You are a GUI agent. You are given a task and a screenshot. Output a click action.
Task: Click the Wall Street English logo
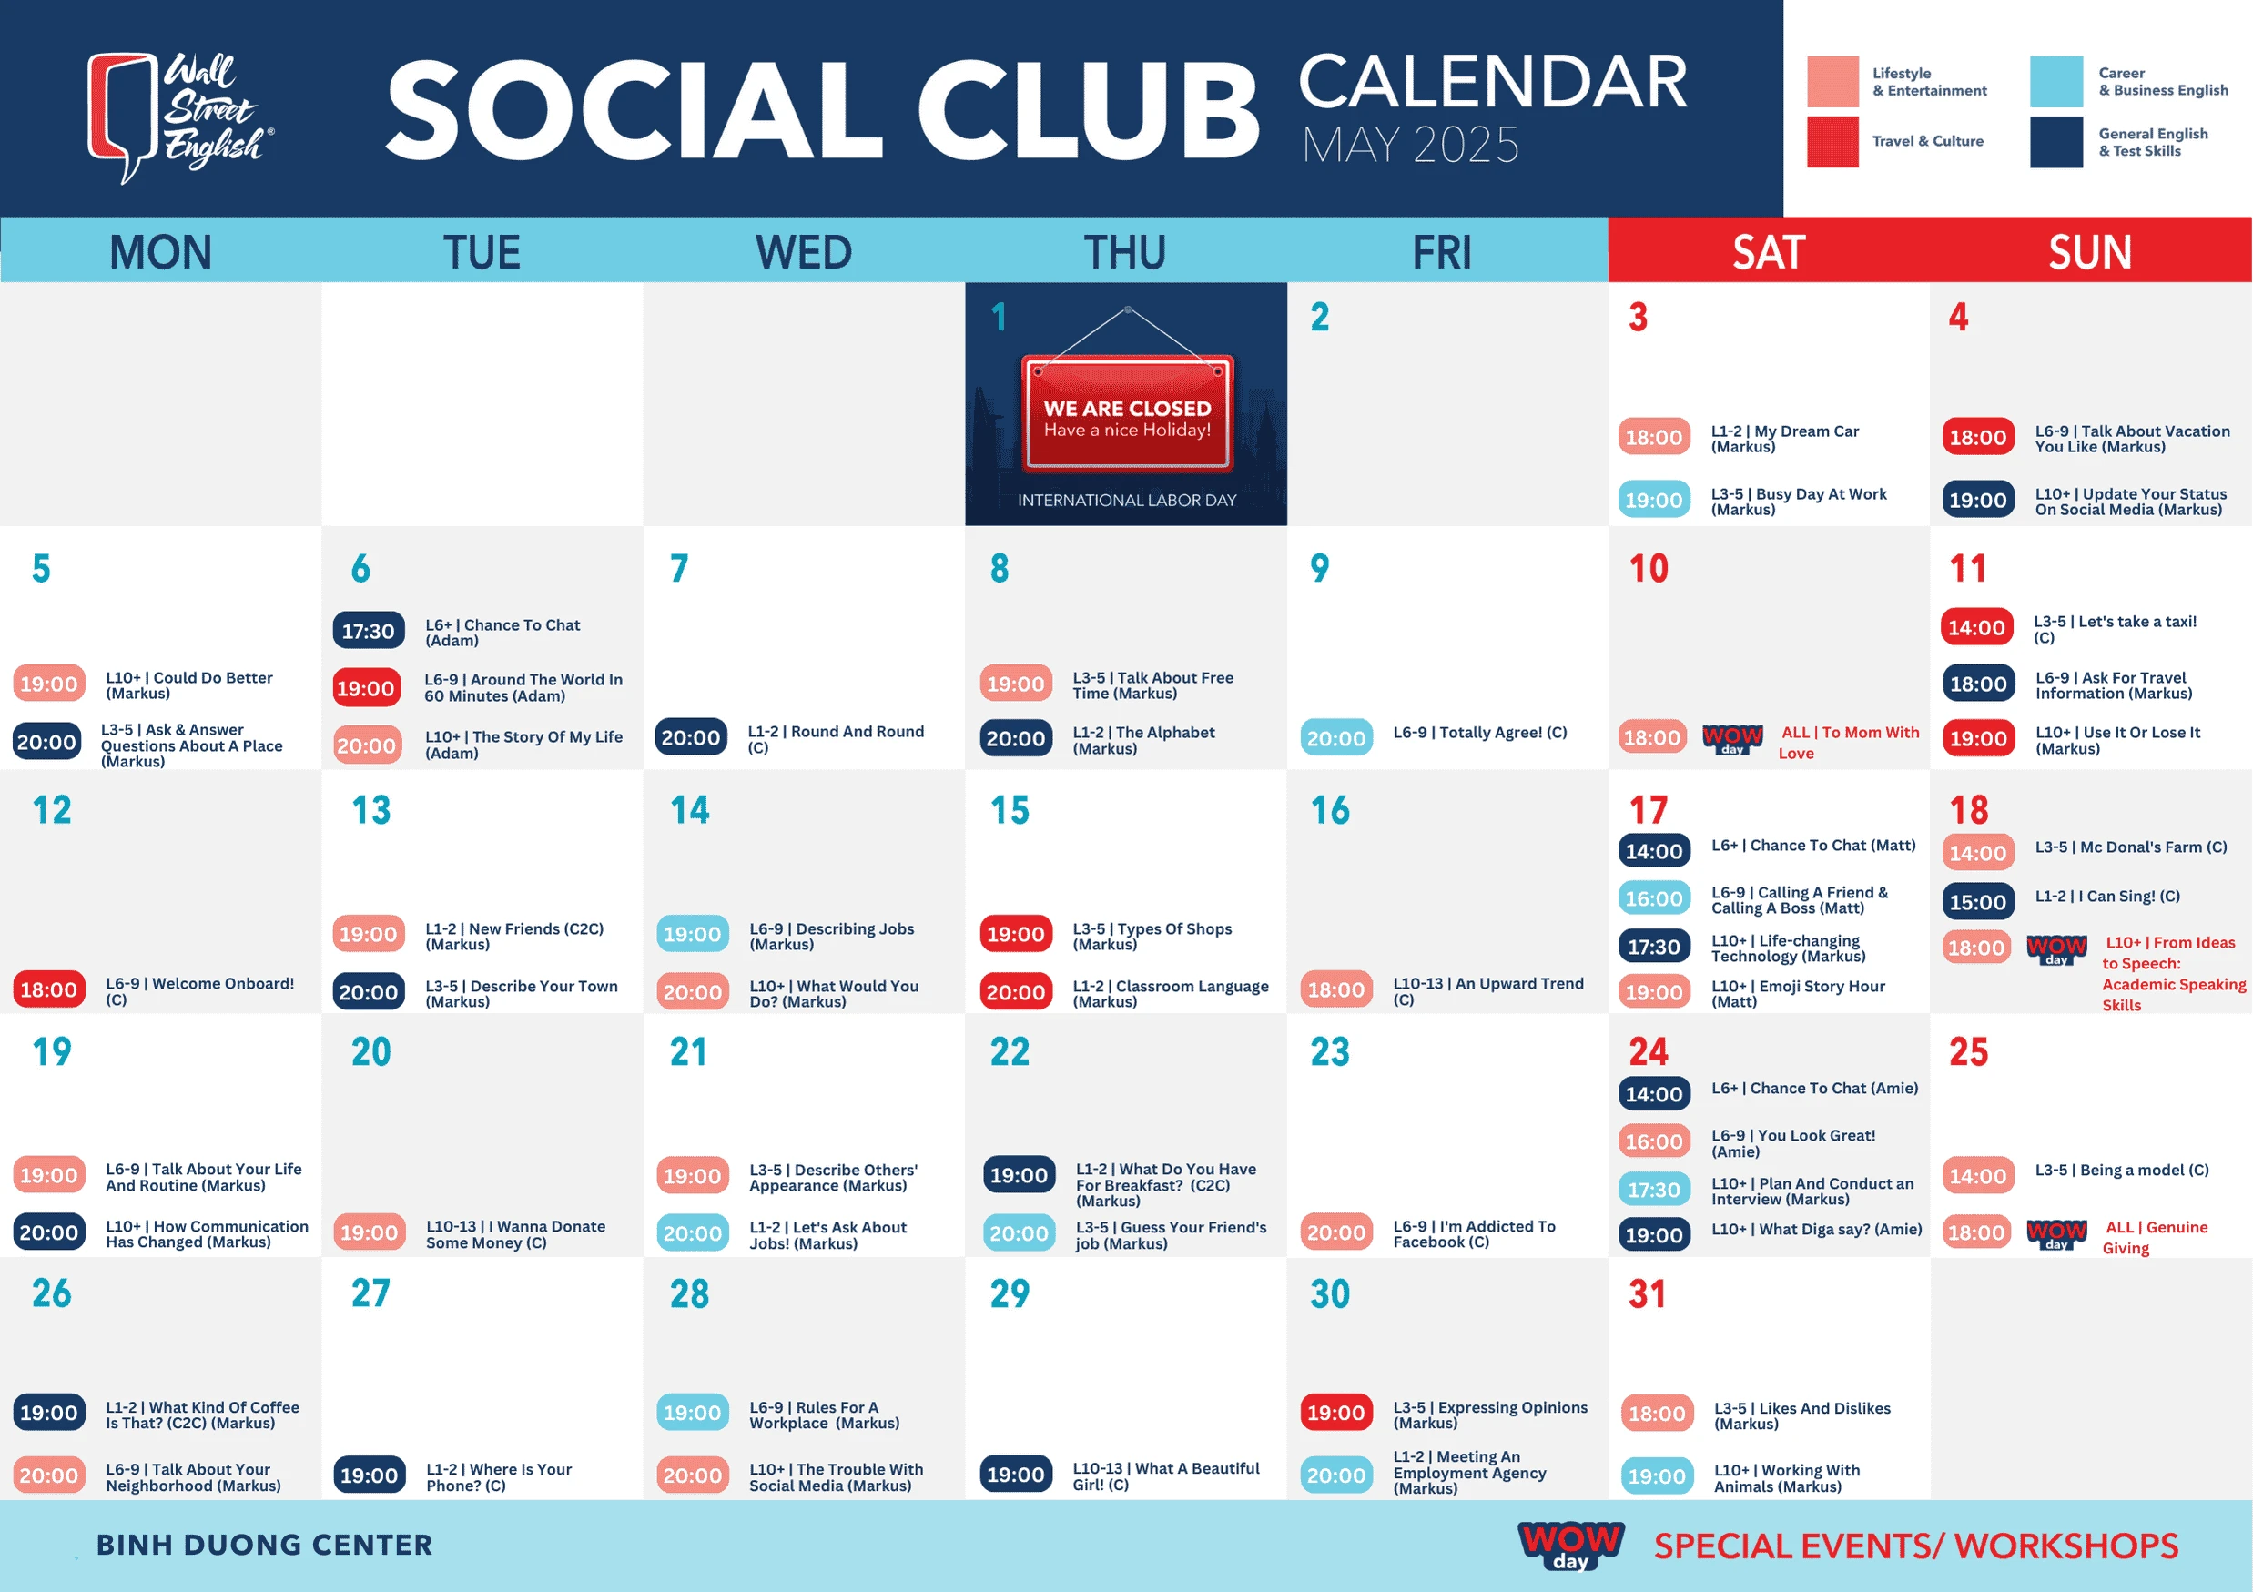coord(180,117)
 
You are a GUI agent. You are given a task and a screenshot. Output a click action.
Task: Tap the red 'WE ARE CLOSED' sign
coord(1128,413)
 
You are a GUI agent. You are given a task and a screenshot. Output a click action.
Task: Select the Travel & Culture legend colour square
coord(1832,141)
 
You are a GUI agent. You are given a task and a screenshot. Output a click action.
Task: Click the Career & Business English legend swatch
coord(2055,81)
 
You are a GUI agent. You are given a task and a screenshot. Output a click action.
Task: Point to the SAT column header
coord(1768,252)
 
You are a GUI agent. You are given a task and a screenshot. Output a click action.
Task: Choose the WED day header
coord(804,252)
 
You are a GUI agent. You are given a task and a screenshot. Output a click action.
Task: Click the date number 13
coord(370,810)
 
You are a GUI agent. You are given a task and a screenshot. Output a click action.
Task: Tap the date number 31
coord(1648,1293)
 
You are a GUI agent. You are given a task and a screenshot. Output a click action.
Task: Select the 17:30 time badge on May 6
coord(368,631)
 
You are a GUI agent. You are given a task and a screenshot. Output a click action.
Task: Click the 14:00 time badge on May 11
coord(1976,628)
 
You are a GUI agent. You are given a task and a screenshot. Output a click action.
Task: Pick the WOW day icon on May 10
coord(1732,738)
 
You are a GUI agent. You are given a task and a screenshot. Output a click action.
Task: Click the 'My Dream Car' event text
coord(1785,439)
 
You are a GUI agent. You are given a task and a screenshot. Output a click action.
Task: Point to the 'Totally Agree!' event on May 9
coord(1480,733)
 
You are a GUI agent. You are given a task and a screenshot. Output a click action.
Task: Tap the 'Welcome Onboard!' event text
coord(199,990)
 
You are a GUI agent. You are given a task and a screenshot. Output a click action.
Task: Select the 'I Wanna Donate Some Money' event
coord(515,1234)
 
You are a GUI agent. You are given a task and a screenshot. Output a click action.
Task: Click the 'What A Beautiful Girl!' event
coord(1166,1476)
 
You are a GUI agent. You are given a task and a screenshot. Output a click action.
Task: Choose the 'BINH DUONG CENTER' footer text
coord(264,1545)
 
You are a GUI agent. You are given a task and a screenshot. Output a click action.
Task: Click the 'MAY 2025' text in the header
coord(1410,145)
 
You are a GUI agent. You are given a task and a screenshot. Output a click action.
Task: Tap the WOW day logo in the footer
coord(1570,1545)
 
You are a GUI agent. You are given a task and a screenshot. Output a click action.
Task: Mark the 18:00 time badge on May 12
coord(48,990)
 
